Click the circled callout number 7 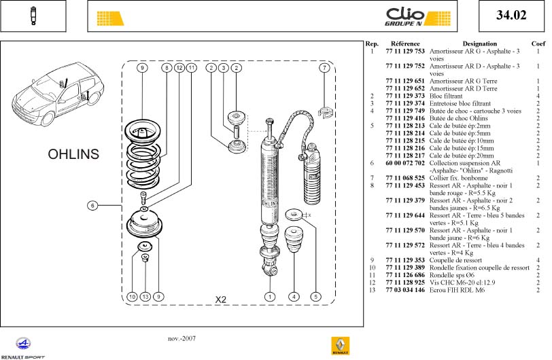(x=326, y=68)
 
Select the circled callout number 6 (x=93, y=205)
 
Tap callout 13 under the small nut (x=145, y=296)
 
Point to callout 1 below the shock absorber (x=271, y=296)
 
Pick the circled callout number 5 (x=315, y=296)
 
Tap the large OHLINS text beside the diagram (x=73, y=154)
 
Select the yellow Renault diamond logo (x=340, y=346)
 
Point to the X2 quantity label (x=221, y=300)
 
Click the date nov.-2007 (x=182, y=338)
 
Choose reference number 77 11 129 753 (x=404, y=51)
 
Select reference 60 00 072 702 (x=404, y=163)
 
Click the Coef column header (x=538, y=43)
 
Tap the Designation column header (x=479, y=43)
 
